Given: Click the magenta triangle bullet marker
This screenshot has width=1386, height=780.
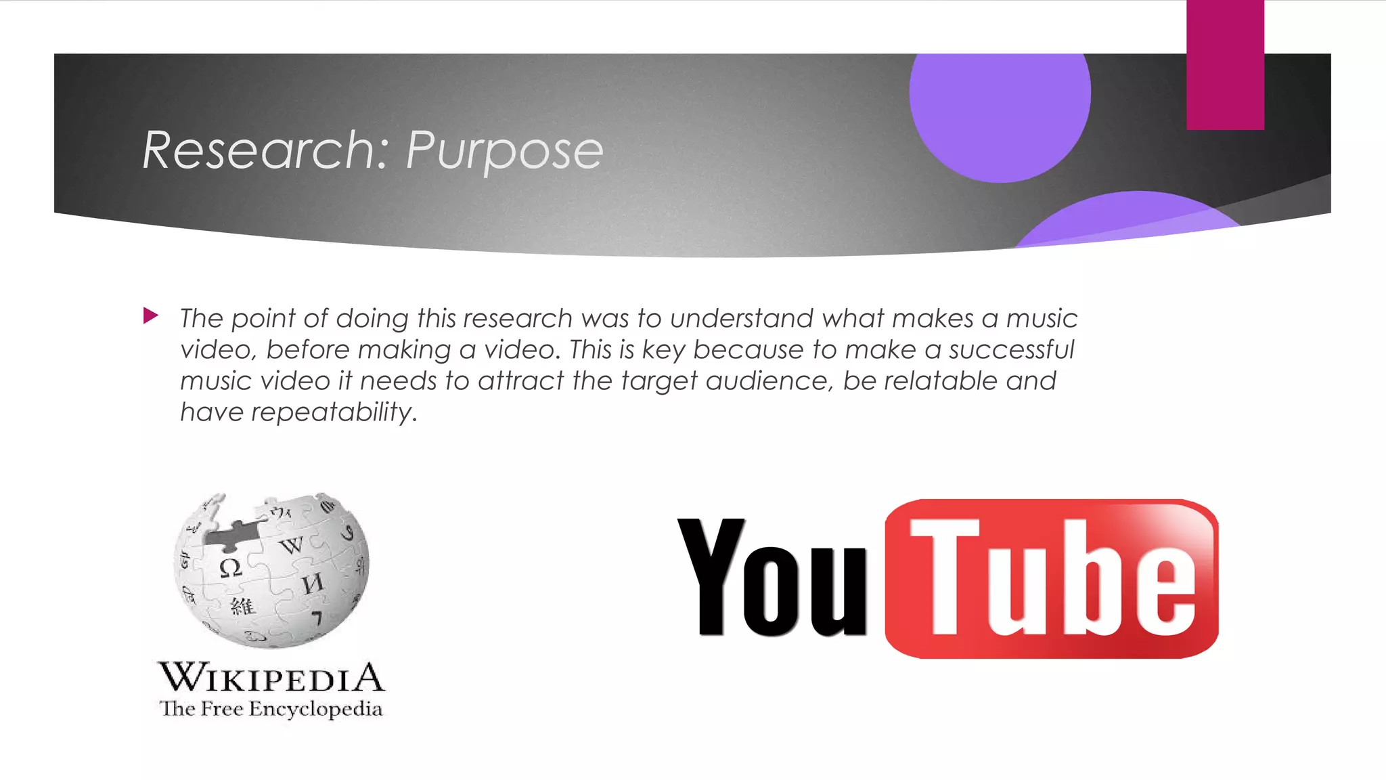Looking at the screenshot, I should (151, 316).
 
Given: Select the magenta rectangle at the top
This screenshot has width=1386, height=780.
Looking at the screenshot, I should (1225, 64).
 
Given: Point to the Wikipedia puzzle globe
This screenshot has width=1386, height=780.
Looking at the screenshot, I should (271, 569).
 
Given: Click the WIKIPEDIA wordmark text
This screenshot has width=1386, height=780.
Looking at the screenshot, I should (271, 678).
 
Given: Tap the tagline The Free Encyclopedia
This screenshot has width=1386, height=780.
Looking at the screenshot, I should (271, 709).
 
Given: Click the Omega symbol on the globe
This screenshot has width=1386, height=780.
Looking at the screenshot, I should (231, 567).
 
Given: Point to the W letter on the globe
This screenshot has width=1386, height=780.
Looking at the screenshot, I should (292, 544).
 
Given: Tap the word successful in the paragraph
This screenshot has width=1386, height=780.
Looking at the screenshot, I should (1011, 350).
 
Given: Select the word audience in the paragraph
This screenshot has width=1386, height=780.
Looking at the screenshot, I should (767, 381).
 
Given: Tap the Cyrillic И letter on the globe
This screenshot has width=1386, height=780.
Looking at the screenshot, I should (312, 583).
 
